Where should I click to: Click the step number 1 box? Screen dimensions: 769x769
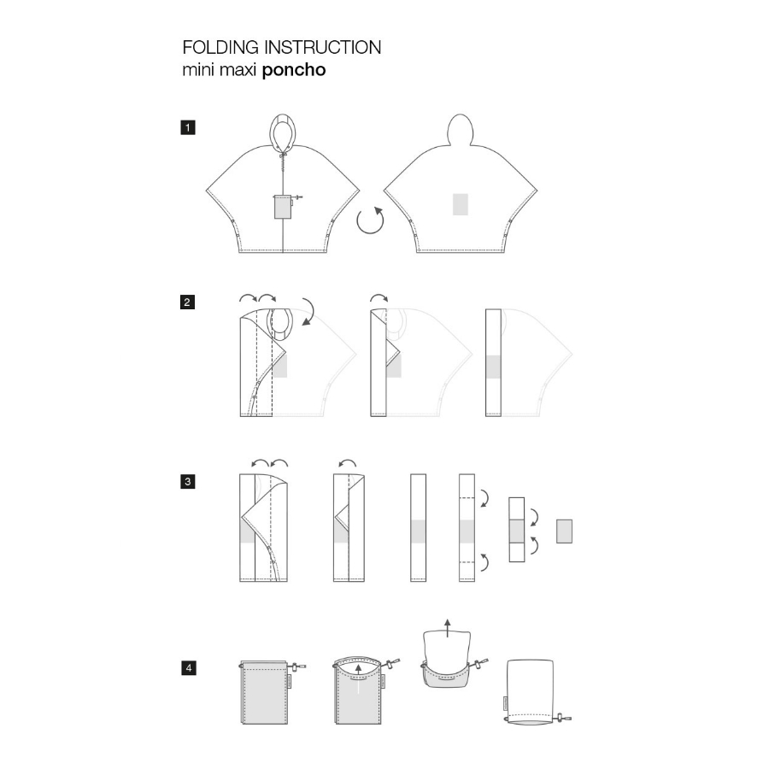coord(188,128)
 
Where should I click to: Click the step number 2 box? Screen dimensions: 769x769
coord(187,302)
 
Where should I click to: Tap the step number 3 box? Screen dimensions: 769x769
coord(188,482)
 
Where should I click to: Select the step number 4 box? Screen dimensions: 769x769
coord(188,667)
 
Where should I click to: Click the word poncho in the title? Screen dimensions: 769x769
coord(294,70)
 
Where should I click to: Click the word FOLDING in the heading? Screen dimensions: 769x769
coord(220,48)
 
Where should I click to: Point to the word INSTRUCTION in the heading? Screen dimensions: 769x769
coord(323,48)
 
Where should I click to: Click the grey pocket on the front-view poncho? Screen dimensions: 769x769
coord(281,207)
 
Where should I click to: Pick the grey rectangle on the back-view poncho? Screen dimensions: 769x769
coord(460,204)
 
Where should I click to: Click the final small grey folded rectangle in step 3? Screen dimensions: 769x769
coord(564,531)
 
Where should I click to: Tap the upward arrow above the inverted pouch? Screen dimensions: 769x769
coord(447,628)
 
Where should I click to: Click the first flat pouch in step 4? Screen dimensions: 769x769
coord(265,692)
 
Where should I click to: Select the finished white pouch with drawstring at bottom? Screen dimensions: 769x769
coord(531,692)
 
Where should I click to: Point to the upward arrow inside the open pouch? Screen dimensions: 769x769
coord(359,679)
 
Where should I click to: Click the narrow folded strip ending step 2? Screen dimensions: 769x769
coord(493,363)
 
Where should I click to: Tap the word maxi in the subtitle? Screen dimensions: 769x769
coord(238,70)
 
